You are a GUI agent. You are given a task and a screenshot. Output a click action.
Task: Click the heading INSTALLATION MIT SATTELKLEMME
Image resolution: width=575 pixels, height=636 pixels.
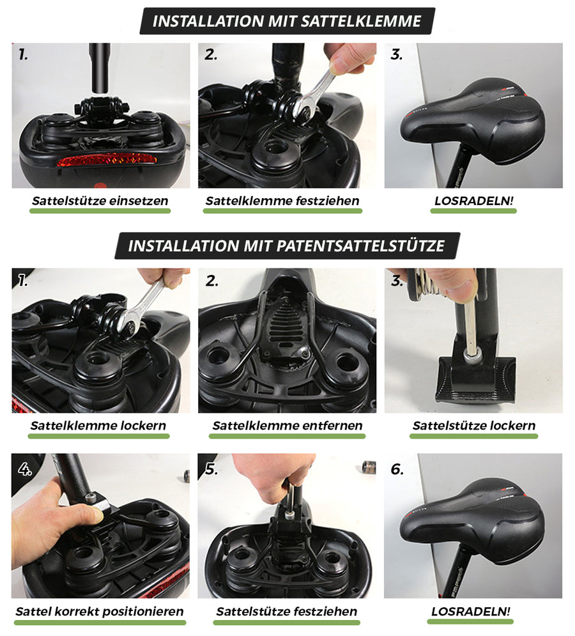[287, 21]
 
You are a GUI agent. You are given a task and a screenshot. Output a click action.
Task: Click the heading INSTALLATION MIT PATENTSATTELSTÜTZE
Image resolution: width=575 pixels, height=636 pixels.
[287, 245]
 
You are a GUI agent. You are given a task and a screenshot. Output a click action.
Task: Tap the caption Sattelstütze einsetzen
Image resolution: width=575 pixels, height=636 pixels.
[100, 201]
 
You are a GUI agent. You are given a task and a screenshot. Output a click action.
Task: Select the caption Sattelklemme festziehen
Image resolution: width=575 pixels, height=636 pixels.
[282, 201]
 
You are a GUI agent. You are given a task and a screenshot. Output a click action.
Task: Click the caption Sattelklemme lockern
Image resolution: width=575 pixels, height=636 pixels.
[98, 425]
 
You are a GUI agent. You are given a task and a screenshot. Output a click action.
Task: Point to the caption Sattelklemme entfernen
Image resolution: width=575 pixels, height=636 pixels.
[287, 425]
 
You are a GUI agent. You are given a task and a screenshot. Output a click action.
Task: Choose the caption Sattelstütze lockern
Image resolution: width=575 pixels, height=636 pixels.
[473, 425]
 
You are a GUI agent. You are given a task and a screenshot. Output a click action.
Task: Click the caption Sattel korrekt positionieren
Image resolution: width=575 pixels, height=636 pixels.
[99, 611]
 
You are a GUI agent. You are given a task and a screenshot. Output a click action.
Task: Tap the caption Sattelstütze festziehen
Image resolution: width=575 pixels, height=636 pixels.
[286, 611]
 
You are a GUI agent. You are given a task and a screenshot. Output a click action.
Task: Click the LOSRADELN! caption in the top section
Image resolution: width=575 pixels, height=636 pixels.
[473, 201]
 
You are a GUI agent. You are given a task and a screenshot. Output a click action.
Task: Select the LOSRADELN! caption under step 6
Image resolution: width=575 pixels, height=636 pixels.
[471, 611]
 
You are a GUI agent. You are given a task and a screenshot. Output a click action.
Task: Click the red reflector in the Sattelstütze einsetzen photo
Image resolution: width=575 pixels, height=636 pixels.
[106, 159]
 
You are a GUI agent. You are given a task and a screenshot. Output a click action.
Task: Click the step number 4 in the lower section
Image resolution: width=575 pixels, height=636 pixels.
[25, 470]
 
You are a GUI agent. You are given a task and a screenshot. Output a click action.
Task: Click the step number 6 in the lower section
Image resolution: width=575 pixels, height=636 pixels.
[397, 470]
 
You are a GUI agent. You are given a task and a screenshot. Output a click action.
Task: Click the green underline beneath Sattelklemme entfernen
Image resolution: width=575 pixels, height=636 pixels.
[287, 437]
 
